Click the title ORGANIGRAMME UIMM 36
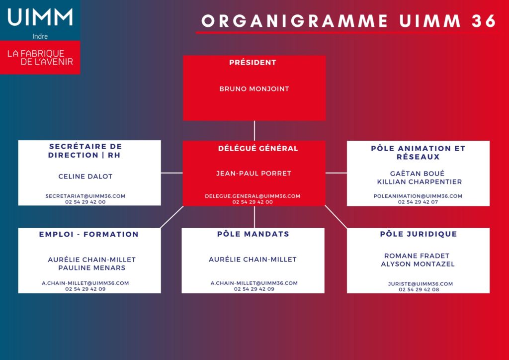348,21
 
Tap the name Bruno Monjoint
254,89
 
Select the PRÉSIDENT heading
253,62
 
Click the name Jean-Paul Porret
254,174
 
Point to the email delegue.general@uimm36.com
253,196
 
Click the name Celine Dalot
85,176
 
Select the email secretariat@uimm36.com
85,196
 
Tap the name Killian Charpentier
420,182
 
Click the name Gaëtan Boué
417,174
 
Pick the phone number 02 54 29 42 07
418,202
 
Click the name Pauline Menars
92,268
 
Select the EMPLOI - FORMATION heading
88,234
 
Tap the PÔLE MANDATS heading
253,234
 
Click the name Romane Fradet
417,256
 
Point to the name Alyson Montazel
418,264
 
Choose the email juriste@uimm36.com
421,284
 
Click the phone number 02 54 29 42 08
419,289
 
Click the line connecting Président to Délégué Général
254,130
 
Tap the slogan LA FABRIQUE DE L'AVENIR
40,58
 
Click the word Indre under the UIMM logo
40,36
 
